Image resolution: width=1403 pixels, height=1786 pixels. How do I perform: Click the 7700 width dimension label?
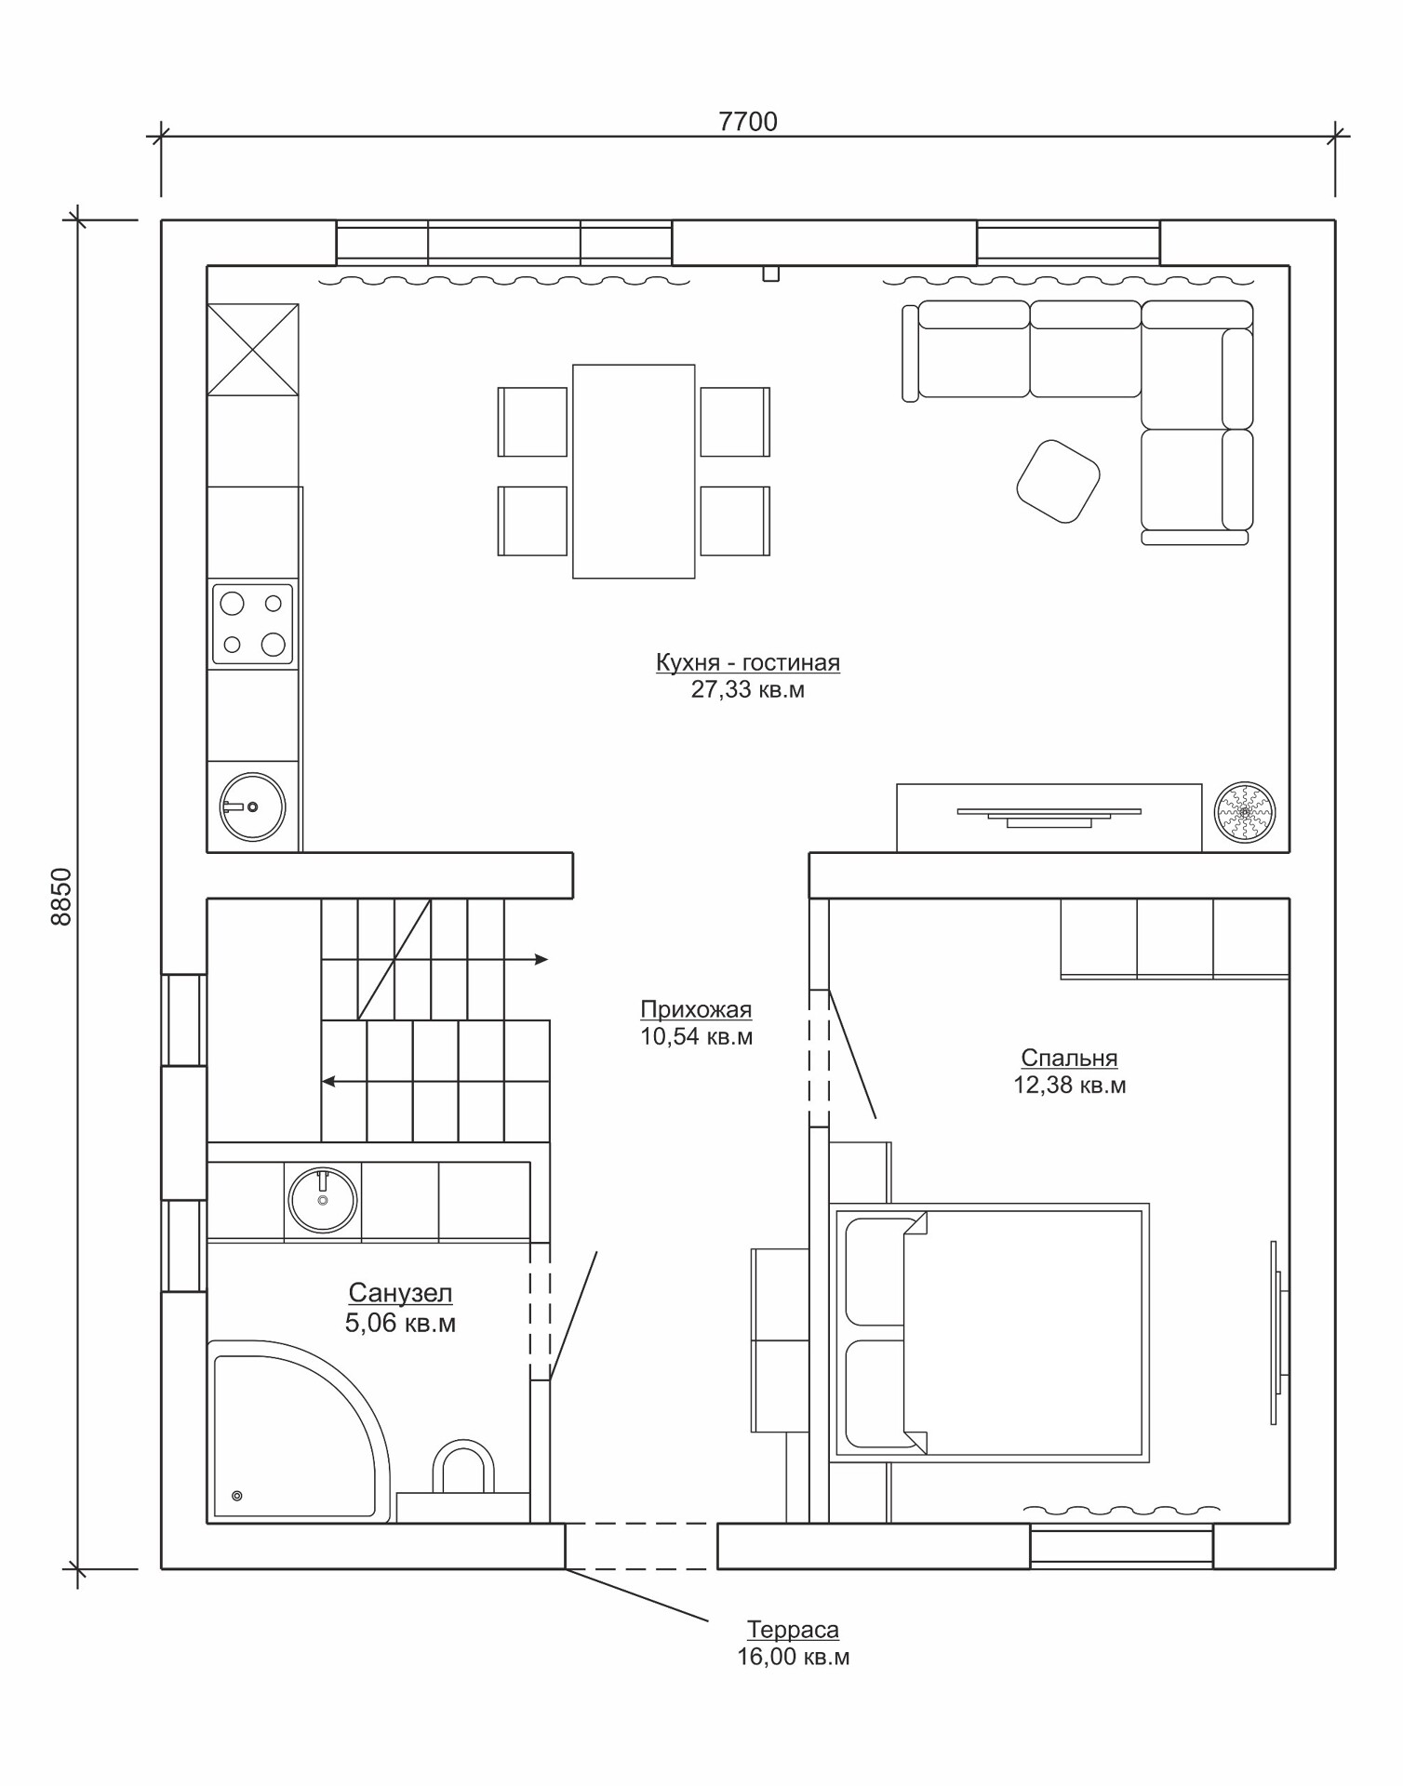(x=748, y=122)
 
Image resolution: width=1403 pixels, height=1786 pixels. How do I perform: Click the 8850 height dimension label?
(x=60, y=897)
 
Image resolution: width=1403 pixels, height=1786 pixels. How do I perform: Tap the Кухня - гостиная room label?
(x=748, y=662)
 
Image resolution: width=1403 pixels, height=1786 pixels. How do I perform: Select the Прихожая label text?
(x=696, y=1009)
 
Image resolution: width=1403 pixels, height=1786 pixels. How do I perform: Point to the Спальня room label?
(x=1069, y=1058)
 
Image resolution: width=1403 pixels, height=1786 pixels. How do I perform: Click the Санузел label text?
(x=400, y=1293)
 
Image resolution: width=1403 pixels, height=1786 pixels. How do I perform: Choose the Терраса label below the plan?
(x=793, y=1630)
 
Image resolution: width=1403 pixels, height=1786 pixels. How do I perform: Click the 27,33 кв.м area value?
(x=748, y=690)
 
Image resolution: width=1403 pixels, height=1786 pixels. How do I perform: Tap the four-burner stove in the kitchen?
(x=252, y=624)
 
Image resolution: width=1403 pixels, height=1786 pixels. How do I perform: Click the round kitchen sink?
(x=252, y=806)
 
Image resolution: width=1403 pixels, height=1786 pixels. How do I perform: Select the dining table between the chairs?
(x=634, y=472)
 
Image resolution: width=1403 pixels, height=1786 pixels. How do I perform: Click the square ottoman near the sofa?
(x=1058, y=481)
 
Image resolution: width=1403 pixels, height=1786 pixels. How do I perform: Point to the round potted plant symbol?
(x=1245, y=812)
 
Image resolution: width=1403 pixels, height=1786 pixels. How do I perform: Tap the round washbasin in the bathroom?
(x=323, y=1200)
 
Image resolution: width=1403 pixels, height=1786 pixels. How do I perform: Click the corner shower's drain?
(x=236, y=1496)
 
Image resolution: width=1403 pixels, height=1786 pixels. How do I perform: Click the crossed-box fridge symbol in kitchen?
(x=253, y=350)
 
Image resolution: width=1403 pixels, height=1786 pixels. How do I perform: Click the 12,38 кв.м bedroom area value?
(x=1070, y=1086)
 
